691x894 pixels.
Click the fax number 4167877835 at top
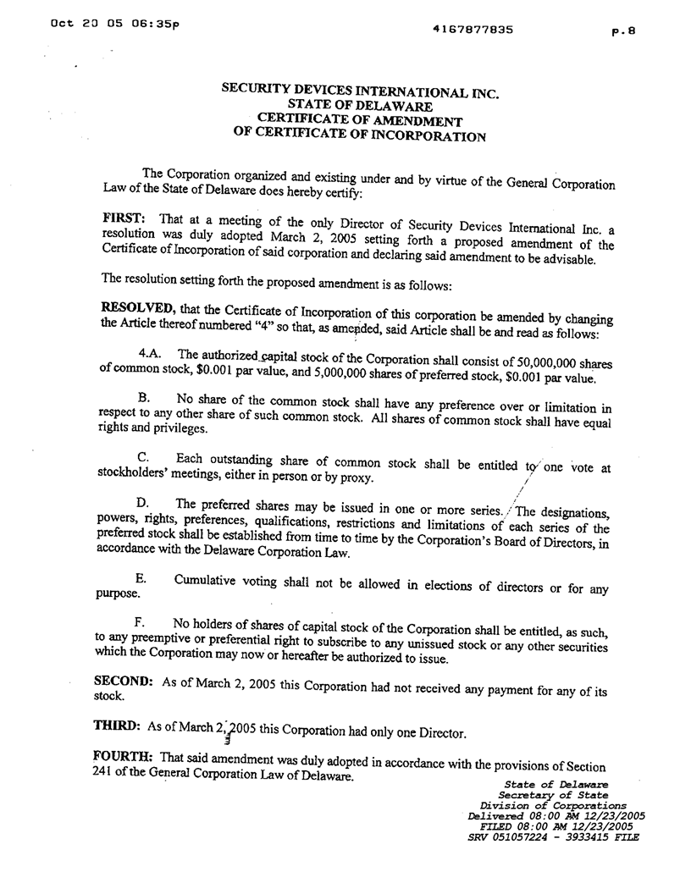473,29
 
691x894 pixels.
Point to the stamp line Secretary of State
553,795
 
